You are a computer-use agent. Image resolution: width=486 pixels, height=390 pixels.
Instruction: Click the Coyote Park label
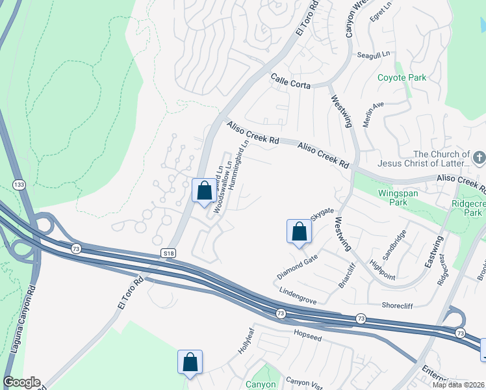tap(402, 78)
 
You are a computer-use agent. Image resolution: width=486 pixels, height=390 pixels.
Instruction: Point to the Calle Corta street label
tap(290, 81)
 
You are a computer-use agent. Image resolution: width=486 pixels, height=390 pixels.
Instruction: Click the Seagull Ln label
tap(372, 56)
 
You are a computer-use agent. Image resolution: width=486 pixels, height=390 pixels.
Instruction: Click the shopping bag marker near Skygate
tap(299, 231)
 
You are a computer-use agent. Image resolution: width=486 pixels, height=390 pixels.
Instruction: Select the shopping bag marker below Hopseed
tap(190, 361)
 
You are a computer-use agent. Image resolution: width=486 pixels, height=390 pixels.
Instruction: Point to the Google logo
tap(21, 382)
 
